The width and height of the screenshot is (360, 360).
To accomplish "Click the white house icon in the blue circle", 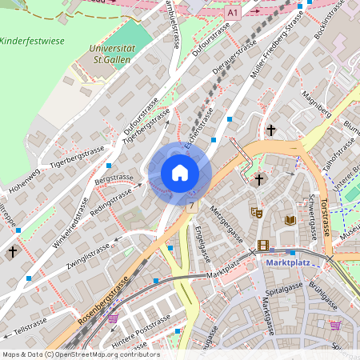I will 180,172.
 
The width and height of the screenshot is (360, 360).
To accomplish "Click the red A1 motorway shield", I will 232,14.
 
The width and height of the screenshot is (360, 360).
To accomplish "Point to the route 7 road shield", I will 192,206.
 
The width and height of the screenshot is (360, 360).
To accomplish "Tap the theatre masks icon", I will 256,213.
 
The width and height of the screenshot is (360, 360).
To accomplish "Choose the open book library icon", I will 290,219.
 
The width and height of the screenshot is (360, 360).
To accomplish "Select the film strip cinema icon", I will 263,246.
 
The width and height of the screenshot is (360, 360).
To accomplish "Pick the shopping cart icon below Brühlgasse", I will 334,325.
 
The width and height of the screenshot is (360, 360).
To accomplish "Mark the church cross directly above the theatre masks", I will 258,181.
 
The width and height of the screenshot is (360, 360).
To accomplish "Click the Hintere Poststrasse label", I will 141,328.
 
